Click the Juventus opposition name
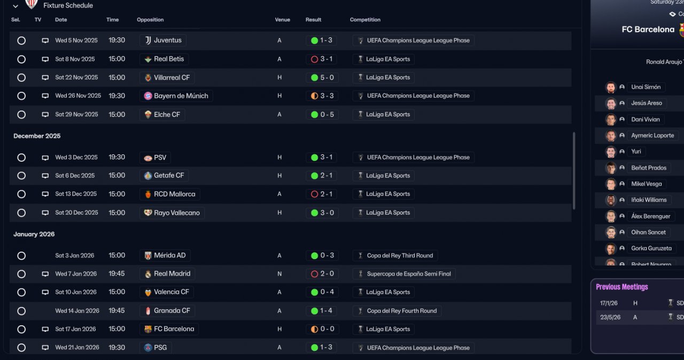pos(167,41)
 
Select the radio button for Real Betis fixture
pos(21,59)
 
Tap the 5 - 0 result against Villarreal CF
pos(322,77)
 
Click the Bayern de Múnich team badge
pos(148,96)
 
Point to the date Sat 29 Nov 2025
pos(76,114)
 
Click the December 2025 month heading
pos(37,136)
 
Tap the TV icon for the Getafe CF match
pos(45,176)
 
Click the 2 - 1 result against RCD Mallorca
pos(322,194)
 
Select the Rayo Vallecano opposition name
pos(176,213)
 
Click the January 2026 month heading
pos(34,234)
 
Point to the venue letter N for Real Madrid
pos(279,274)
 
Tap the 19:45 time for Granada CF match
pos(116,311)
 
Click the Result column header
pos(313,20)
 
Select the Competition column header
pos(365,20)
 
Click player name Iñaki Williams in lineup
pos(649,200)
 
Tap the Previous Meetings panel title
pos(621,287)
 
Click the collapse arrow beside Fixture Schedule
pos(15,6)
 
